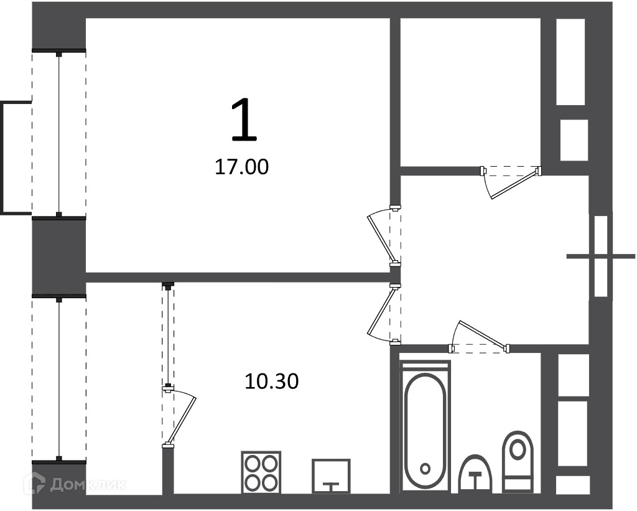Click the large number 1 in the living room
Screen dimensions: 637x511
click(x=244, y=120)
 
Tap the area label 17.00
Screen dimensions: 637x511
click(x=242, y=167)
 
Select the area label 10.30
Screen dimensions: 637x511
click(x=272, y=382)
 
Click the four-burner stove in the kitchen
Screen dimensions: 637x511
click(x=261, y=472)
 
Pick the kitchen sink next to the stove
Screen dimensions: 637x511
click(x=331, y=476)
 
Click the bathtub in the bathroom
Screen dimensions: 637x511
click(x=425, y=431)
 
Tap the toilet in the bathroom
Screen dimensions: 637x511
click(x=518, y=462)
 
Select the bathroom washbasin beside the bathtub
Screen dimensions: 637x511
click(x=475, y=474)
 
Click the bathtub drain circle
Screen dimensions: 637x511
click(x=425, y=469)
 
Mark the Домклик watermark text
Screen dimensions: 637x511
click(x=88, y=484)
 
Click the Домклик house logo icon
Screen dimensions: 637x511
click(x=35, y=484)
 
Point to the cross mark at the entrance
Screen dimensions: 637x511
click(x=600, y=256)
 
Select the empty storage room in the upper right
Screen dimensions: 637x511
click(x=470, y=92)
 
